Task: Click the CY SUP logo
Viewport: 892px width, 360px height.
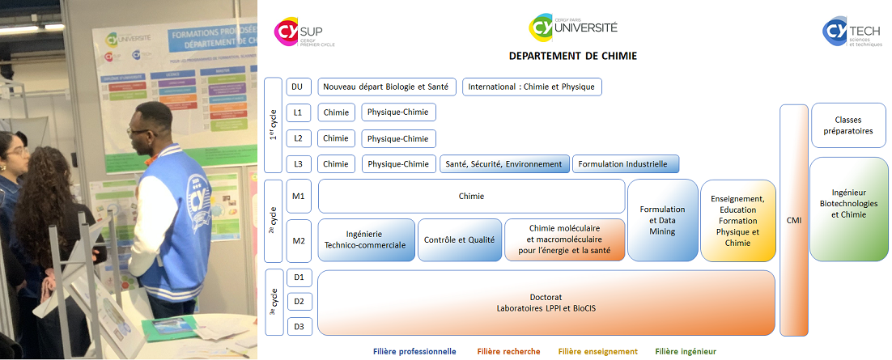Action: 304,32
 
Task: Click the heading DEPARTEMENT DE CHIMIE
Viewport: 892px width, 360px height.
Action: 572,56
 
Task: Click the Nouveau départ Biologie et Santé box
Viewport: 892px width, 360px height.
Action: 387,87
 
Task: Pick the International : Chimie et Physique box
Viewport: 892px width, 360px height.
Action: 532,87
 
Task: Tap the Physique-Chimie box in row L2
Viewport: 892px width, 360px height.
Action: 398,138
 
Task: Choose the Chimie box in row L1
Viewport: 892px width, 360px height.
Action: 336,112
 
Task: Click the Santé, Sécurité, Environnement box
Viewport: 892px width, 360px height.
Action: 504,164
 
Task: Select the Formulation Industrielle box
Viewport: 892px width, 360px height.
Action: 626,164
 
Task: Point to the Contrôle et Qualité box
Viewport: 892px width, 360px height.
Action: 460,240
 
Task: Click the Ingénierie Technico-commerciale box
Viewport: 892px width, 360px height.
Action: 366,240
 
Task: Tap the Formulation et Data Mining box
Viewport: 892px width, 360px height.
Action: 662,220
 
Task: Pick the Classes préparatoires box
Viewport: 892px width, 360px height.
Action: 848,125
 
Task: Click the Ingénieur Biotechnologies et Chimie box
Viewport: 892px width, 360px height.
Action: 848,209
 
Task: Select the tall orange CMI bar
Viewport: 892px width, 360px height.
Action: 793,220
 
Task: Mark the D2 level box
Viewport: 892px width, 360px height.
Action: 299,302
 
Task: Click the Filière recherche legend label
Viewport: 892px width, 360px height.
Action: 508,352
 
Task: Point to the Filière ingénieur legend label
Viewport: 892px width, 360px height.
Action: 686,352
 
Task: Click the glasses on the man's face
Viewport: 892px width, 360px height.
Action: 138,131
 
